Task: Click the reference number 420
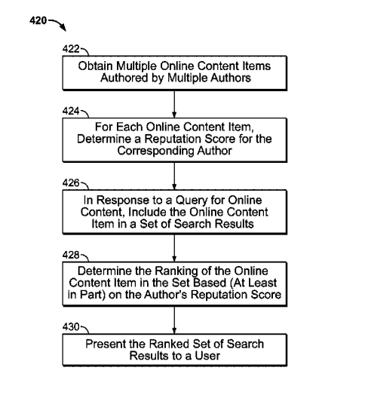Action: click(x=38, y=20)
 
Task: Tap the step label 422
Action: click(x=71, y=49)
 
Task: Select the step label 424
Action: click(x=71, y=111)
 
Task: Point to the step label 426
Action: click(x=71, y=182)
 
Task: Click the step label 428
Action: click(x=71, y=255)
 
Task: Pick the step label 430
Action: click(x=71, y=327)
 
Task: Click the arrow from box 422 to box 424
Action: click(x=174, y=104)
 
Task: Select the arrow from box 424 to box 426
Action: click(x=174, y=176)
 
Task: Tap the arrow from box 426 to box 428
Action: click(x=174, y=248)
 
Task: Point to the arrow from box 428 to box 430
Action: click(x=174, y=320)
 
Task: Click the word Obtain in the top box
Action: click(x=95, y=66)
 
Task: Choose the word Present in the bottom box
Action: click(x=106, y=344)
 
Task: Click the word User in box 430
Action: click(x=207, y=356)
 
